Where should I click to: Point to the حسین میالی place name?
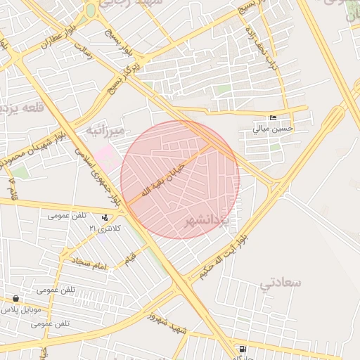[273, 129]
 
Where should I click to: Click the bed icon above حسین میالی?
[273, 117]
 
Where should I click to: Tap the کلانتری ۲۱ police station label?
[105, 229]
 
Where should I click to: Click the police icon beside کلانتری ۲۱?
[105, 218]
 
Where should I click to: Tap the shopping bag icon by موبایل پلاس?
[15, 298]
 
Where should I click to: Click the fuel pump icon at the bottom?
[243, 349]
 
